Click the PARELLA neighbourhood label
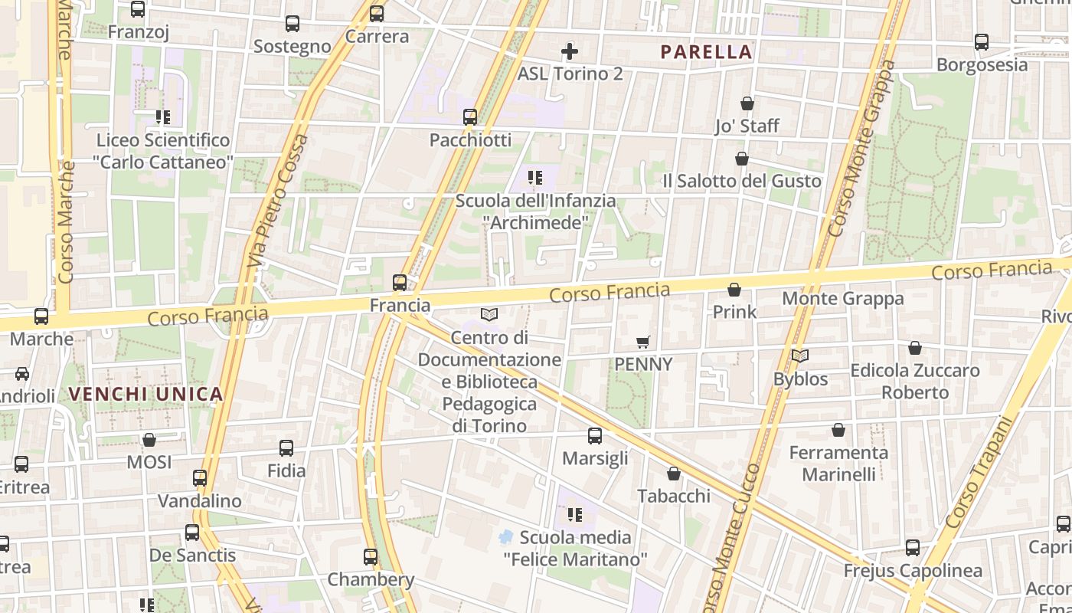click(706, 52)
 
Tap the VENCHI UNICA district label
click(145, 395)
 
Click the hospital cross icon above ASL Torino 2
click(570, 51)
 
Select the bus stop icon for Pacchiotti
click(470, 117)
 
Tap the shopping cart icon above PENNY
click(643, 342)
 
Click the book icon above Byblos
click(800, 356)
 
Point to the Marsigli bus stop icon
click(595, 436)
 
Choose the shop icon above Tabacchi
click(674, 474)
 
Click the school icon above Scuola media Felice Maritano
click(574, 515)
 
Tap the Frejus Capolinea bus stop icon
click(912, 548)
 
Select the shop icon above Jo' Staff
click(747, 103)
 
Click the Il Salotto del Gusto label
click(741, 181)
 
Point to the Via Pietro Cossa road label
click(277, 201)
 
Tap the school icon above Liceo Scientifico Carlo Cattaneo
click(162, 117)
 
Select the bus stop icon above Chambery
click(371, 556)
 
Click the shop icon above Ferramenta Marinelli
click(838, 430)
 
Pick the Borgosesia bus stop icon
click(982, 42)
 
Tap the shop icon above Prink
click(734, 290)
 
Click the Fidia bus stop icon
click(286, 448)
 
